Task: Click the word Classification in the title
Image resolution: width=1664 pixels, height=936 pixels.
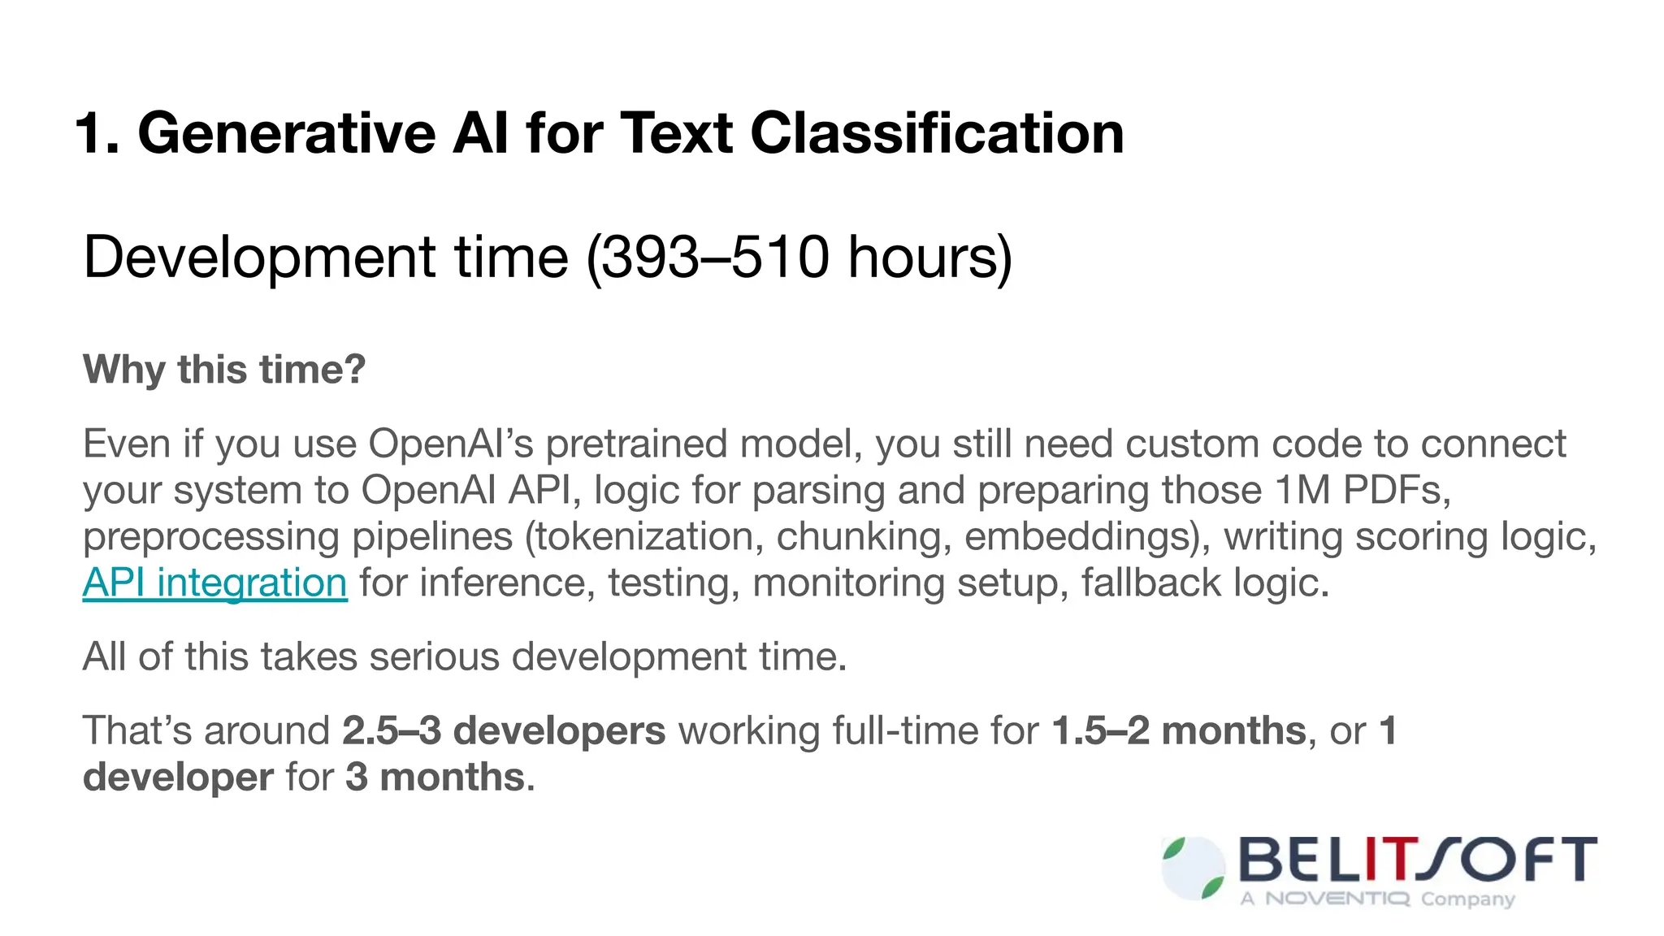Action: click(x=937, y=133)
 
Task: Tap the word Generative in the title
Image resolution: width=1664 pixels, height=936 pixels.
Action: click(x=287, y=133)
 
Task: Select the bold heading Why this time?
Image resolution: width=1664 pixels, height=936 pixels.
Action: click(x=224, y=370)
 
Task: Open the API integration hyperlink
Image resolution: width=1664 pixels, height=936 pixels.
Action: click(x=215, y=583)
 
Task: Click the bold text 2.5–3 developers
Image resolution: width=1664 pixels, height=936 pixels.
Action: click(x=504, y=730)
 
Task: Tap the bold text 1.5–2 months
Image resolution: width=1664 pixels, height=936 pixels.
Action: click(x=1179, y=730)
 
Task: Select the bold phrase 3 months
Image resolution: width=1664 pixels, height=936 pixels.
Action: click(x=435, y=777)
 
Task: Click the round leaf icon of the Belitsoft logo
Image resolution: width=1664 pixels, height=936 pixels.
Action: click(x=1194, y=869)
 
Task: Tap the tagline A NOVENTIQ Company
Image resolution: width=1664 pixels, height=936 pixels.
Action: click(x=1377, y=899)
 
